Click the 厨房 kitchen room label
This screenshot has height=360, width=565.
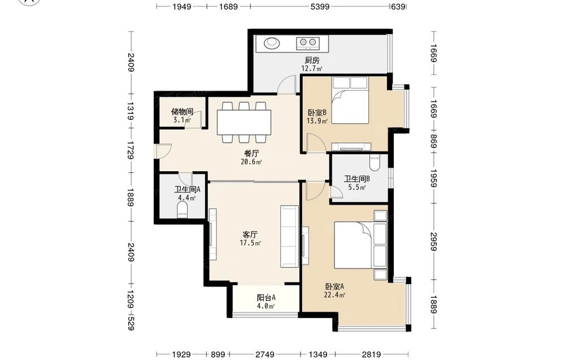pos(312,60)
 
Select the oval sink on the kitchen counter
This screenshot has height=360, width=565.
pos(271,43)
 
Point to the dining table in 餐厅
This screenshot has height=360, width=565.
pos(244,122)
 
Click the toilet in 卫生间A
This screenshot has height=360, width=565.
pos(182,210)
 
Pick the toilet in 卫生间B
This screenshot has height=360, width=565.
pos(375,163)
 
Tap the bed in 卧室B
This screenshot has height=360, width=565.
pos(350,101)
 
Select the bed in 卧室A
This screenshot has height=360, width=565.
pos(360,245)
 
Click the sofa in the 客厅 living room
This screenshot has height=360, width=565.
pos(290,236)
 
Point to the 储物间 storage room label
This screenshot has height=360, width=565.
pos(182,111)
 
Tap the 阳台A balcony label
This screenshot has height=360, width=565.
pos(266,298)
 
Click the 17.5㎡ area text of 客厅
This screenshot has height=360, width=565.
pos(250,243)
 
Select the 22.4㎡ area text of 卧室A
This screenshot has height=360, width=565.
pos(334,295)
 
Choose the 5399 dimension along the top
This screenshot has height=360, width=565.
pos(320,6)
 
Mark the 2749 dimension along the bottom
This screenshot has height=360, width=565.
pos(265,354)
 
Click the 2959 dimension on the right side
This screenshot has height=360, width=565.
pos(433,241)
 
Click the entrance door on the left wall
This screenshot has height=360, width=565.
pos(162,151)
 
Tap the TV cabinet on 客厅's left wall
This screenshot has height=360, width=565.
pos(213,234)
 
